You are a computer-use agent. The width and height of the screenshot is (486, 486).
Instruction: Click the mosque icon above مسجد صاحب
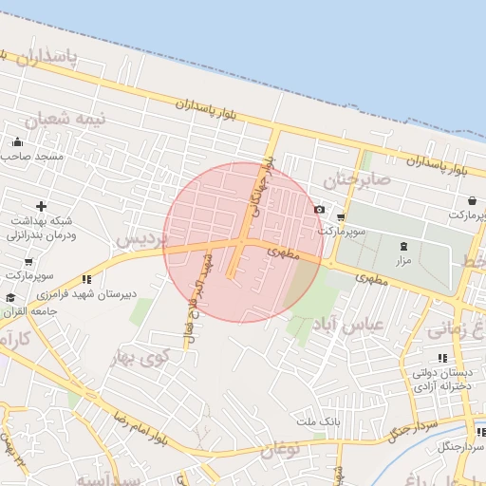(17, 142)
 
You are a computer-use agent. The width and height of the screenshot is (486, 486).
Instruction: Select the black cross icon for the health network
(40, 206)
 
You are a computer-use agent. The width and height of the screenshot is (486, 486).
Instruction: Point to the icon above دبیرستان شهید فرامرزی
(86, 279)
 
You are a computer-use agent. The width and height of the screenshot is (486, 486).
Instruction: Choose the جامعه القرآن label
(26, 311)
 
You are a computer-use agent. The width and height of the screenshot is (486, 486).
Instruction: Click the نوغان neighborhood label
(278, 445)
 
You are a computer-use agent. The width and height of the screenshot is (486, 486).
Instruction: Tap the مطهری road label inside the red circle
(284, 254)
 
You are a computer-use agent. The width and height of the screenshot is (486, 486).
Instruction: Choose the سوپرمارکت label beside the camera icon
(344, 231)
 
